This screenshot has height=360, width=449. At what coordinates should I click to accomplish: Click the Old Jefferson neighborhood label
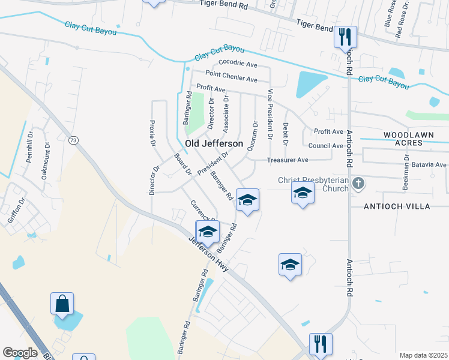214,144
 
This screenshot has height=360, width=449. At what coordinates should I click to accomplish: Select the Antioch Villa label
397,206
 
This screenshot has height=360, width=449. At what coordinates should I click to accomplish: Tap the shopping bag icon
62,304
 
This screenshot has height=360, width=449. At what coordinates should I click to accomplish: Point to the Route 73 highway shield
73,140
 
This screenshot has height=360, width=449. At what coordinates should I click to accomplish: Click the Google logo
20,353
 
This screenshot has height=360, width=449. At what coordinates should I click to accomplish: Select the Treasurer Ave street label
288,160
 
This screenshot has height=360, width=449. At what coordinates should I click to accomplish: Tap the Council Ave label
325,146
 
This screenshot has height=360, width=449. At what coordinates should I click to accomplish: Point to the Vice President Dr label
270,114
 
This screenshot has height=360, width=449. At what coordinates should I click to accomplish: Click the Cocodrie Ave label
238,62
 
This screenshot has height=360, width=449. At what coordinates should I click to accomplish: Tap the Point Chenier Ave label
231,76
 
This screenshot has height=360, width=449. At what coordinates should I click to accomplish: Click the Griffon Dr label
16,209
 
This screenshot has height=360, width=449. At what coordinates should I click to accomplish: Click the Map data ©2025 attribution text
423,355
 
